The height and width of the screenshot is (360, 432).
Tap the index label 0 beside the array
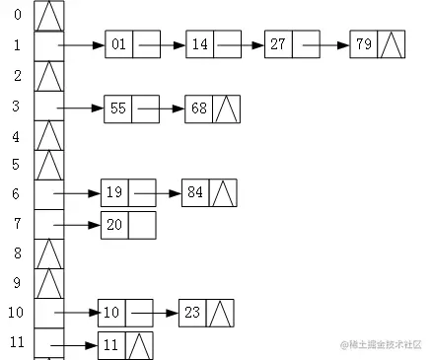[17, 15]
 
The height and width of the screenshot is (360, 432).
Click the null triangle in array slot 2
[49, 76]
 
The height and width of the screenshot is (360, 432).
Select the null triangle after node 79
[392, 45]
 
